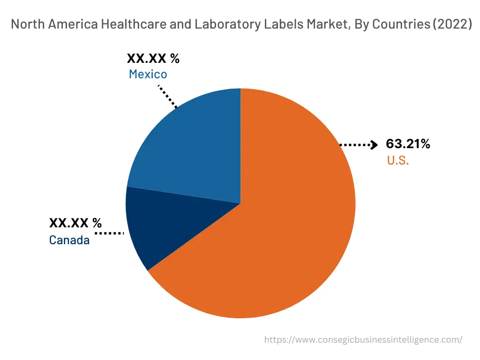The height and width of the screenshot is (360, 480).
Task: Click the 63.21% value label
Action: [408, 144]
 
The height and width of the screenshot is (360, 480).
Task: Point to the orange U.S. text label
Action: [398, 160]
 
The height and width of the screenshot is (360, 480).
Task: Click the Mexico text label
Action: [148, 74]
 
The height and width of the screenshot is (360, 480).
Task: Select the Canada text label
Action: [69, 240]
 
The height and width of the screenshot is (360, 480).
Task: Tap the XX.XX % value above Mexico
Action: [153, 59]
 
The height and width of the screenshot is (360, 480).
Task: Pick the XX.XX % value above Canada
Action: [75, 223]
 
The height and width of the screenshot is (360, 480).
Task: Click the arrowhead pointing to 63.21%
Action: [374, 145]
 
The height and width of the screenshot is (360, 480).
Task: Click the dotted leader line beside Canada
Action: [109, 232]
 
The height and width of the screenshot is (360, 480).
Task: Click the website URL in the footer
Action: [363, 340]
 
